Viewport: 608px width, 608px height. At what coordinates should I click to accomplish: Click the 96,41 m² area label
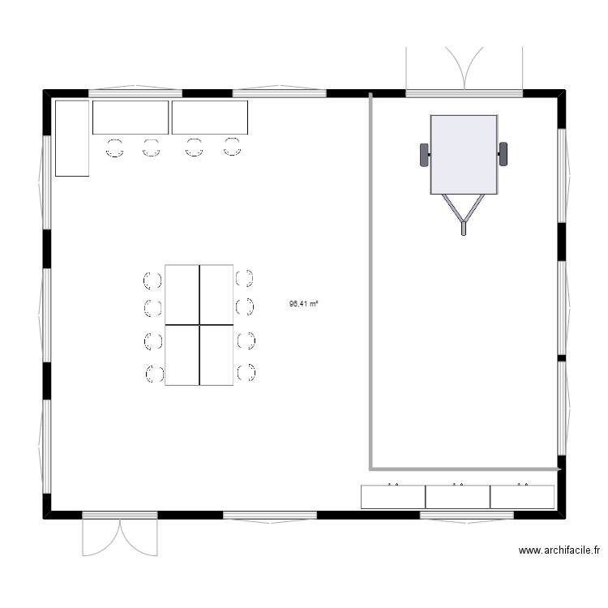pos(303,305)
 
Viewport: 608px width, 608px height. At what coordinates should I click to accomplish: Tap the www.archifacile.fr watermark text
pos(559,550)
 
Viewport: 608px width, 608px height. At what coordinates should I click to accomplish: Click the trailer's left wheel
pos(424,154)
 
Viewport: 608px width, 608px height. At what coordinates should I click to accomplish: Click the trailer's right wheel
pos(503,153)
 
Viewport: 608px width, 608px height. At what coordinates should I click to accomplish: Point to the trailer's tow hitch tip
pos(464,230)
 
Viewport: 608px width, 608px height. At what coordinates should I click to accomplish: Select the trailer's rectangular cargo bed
pos(464,154)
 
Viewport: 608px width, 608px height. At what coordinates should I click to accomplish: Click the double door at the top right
pos(465,69)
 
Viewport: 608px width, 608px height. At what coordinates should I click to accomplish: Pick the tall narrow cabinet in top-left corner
pos(71,138)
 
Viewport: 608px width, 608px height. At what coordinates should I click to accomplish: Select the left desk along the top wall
pos(131,118)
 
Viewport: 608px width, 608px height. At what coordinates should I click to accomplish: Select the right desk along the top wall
pos(210,118)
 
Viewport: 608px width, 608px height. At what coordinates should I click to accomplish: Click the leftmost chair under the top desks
pos(114,148)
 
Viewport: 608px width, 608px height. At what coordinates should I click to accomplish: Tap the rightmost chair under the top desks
pos(233,147)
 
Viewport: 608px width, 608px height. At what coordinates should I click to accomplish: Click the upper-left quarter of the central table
pos(182,294)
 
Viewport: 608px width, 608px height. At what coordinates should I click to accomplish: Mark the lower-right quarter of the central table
pos(217,355)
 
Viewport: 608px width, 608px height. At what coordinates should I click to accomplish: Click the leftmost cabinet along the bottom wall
pos(393,496)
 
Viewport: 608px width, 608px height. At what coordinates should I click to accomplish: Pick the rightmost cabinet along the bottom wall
pos(523,496)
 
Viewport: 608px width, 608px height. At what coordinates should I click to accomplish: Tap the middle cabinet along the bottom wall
pos(458,496)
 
